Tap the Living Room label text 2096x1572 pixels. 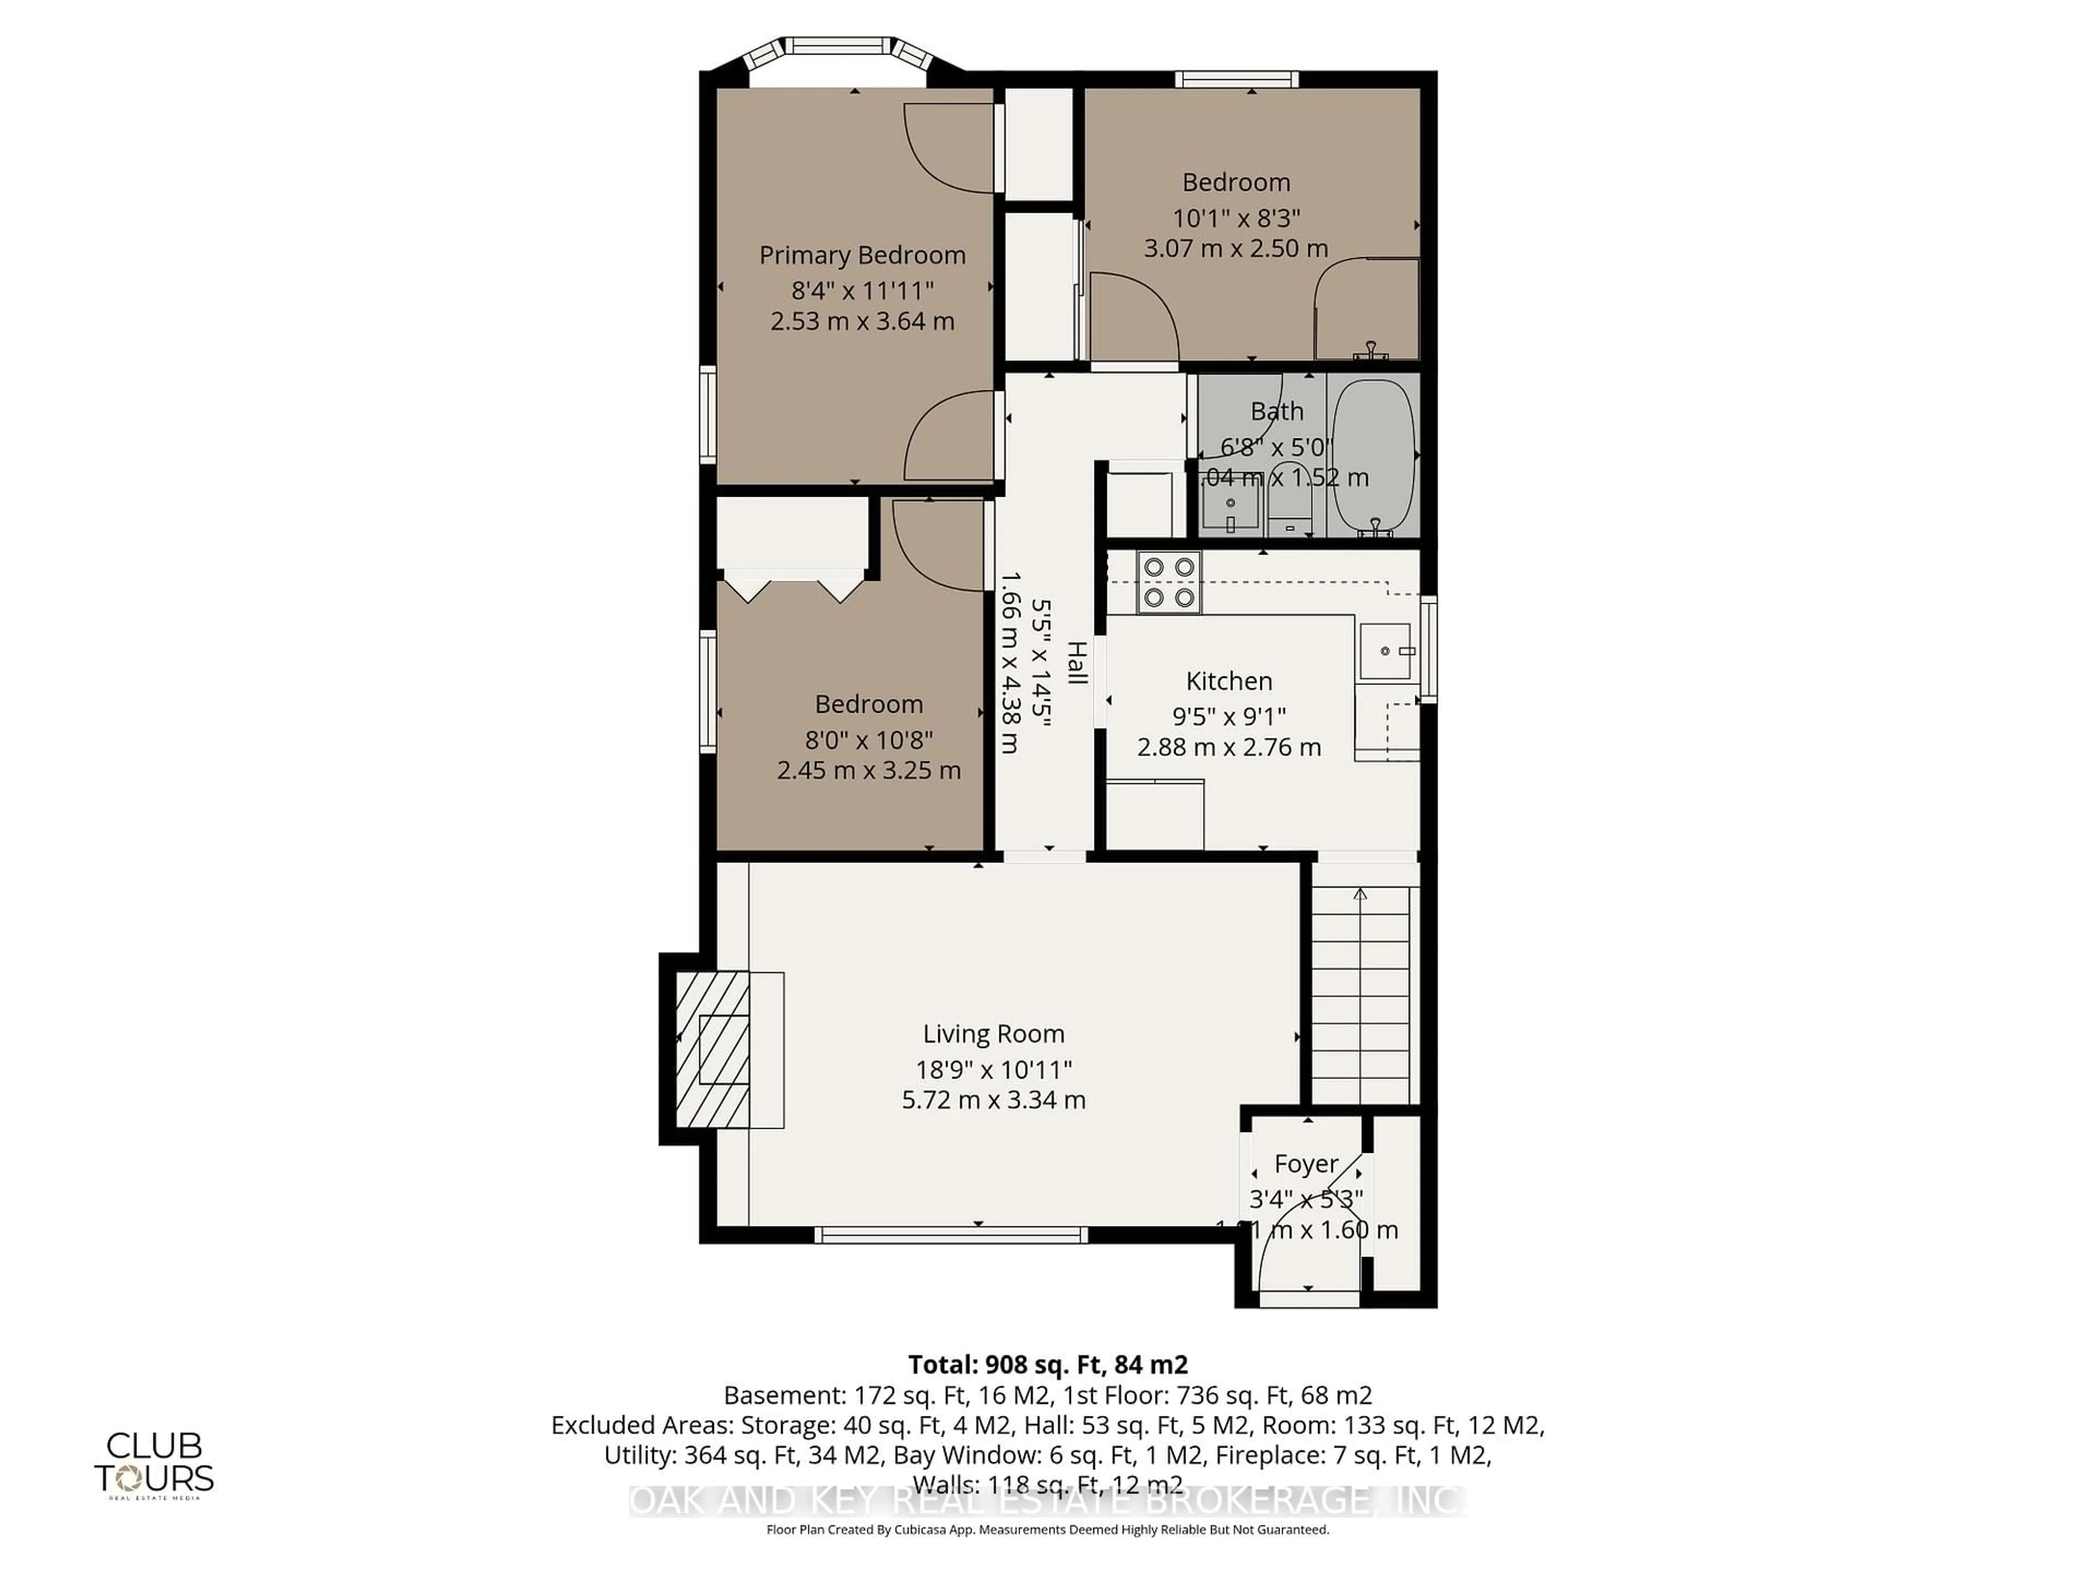pyautogui.click(x=993, y=1034)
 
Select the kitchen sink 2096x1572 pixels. pyautogui.click(x=1384, y=651)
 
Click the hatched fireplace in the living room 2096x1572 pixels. pyautogui.click(x=712, y=1049)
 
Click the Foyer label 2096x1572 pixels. pyautogui.click(x=1306, y=1164)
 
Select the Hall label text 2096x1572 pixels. pyautogui.click(x=1076, y=662)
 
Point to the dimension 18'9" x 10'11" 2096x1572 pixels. pyautogui.click(x=993, y=1070)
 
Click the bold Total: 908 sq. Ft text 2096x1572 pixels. pyautogui.click(x=1047, y=1365)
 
